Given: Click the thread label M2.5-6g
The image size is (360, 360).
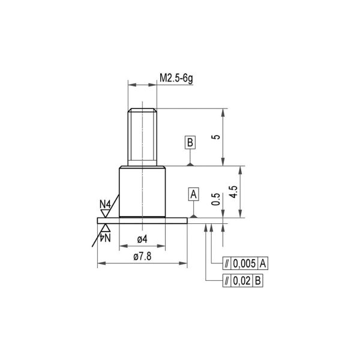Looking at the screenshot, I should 176,77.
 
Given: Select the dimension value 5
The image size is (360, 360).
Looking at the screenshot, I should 217,137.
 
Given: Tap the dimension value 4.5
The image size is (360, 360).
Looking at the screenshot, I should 233,192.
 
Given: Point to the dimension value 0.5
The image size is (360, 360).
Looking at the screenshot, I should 216,200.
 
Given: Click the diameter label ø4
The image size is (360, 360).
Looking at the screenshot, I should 142,239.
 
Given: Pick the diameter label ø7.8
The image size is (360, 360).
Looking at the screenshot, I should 142,256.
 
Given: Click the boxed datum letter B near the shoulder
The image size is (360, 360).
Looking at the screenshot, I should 190,143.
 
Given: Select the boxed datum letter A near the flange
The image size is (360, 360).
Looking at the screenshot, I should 194,194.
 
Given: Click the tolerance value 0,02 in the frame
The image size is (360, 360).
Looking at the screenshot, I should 242,280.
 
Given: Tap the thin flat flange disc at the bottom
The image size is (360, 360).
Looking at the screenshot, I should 142,220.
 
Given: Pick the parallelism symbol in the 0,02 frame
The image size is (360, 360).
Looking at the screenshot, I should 226,280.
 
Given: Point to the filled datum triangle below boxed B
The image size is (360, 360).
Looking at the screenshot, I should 190,163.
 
